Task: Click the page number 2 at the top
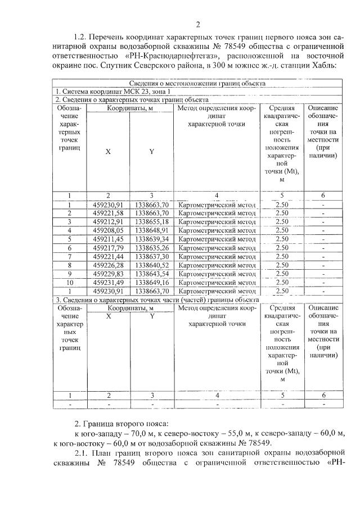(198, 24)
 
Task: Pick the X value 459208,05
(108, 230)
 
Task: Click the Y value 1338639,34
(152, 239)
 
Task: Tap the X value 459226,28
(108, 265)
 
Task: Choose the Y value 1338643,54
(152, 274)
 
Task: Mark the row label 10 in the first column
(70, 282)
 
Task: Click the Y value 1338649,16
(152, 282)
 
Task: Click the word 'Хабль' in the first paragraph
(323, 66)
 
